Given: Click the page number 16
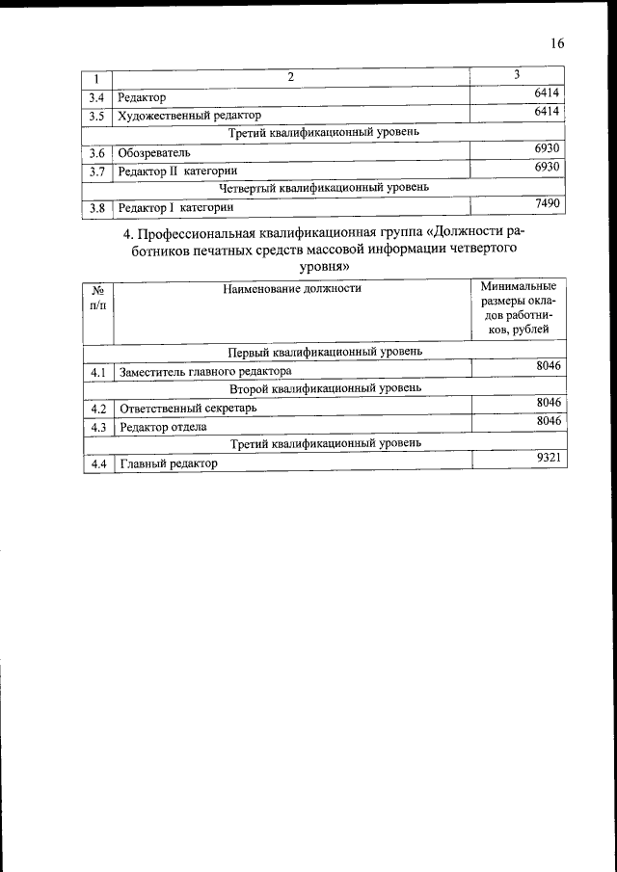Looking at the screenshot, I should pos(556,43).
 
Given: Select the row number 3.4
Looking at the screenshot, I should pos(96,98).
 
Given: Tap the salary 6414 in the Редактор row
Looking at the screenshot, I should pos(547,93).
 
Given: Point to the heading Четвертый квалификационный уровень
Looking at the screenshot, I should pos(324,188).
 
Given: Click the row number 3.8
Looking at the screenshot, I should pos(96,208).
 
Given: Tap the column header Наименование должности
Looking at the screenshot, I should pos(292,288).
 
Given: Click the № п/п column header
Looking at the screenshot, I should pos(97,297).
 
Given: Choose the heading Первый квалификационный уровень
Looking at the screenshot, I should pos(324,352).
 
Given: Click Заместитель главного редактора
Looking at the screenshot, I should pos(203,371).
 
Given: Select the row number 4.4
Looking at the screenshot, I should pos(96,463).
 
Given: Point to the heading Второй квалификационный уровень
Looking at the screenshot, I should pos(324,388).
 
